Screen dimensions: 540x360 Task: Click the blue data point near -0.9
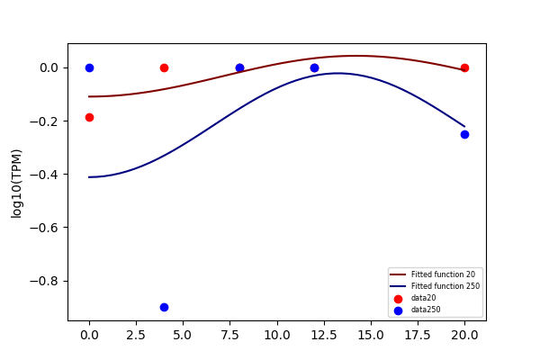[165, 307]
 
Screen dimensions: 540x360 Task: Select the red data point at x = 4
[165, 67]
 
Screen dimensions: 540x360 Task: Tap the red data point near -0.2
[89, 118]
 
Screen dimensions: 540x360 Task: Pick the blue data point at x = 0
[89, 67]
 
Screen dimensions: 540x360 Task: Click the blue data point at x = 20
[464, 134]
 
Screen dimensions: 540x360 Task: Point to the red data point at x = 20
[464, 67]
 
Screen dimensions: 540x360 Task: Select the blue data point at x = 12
[314, 67]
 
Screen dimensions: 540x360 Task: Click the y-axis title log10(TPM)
[16, 184]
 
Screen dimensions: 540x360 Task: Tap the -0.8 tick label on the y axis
[44, 281]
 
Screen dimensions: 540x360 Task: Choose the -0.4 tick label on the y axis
[44, 175]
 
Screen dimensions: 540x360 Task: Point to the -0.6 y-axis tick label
[44, 228]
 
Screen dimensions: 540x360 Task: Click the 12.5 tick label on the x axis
[324, 335]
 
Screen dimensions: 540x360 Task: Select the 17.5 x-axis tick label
[418, 335]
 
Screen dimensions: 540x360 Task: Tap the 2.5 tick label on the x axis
[137, 335]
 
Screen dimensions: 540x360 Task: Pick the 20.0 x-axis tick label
[464, 335]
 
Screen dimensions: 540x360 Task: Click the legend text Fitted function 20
[443, 274]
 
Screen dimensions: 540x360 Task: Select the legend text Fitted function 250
[445, 286]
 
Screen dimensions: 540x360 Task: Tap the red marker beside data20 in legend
[398, 299]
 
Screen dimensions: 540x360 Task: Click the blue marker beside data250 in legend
[398, 310]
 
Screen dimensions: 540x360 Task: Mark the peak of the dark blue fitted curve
[338, 73]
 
